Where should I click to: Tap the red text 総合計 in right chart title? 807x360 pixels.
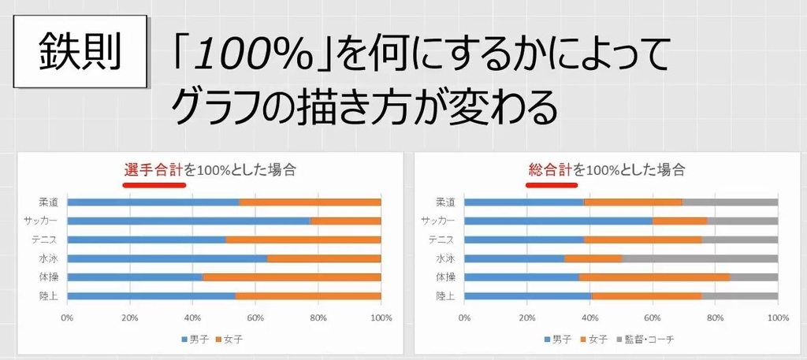coord(549,169)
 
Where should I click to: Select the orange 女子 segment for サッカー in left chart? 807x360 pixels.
coord(346,221)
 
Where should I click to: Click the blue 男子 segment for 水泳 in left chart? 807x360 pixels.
coord(167,258)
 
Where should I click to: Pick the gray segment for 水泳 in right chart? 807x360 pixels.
coord(700,258)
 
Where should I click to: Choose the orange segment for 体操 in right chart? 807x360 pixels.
coord(654,277)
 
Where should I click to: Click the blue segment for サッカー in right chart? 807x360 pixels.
coord(559,221)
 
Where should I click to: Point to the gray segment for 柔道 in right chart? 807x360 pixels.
coord(730,202)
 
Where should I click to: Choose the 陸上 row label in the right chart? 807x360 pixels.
coord(445,296)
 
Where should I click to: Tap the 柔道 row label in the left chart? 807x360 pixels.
coord(49,202)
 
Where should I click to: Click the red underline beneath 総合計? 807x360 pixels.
coord(551,186)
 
